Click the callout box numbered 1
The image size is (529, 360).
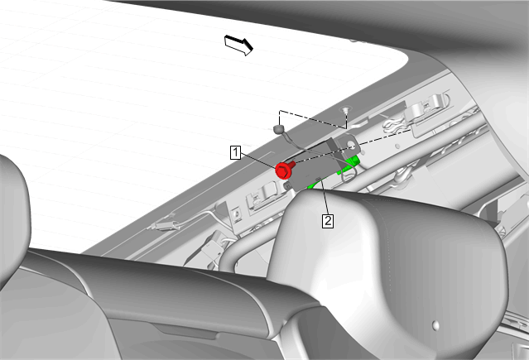235,152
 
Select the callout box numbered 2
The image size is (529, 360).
328,221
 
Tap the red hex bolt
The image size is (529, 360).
285,170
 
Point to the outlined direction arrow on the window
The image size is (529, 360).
239,45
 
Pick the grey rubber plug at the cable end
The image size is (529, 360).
278,128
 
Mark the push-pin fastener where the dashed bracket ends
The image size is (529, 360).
345,109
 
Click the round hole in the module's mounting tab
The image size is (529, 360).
352,146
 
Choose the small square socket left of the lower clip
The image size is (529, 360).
236,214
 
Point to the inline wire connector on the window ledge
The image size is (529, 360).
163,224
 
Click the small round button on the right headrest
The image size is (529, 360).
435,324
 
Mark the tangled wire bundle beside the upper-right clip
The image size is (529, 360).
396,124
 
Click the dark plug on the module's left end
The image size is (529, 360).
288,185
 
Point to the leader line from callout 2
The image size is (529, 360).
325,197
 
